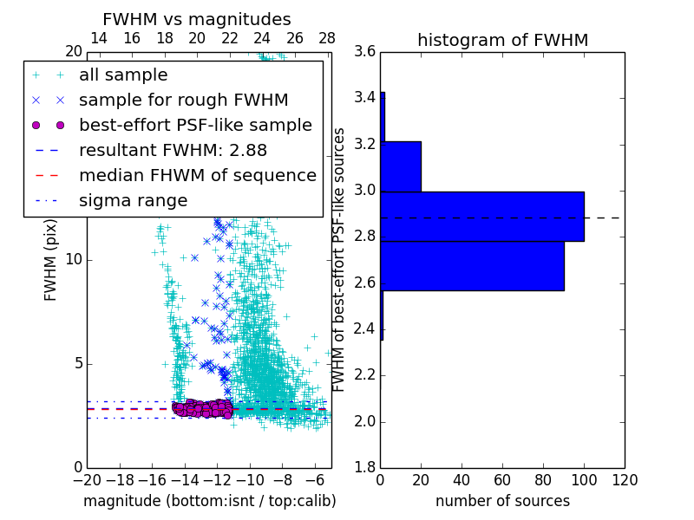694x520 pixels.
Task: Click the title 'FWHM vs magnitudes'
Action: [x=197, y=20]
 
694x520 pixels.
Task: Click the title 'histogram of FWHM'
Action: [x=502, y=40]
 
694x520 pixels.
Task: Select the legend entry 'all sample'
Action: [x=123, y=75]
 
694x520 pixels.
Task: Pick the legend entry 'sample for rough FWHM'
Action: [x=183, y=101]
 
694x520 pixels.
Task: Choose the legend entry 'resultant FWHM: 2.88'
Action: [x=160, y=151]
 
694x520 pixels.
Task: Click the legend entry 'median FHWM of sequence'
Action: [x=197, y=176]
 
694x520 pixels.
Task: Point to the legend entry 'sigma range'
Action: [x=133, y=201]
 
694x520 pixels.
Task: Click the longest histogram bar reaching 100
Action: [x=482, y=217]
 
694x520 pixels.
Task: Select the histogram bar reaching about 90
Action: [x=472, y=266]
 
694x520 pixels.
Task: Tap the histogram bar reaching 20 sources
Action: [x=401, y=166]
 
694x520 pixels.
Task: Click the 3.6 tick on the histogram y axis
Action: [x=364, y=52]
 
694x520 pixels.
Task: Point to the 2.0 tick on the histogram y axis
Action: [x=364, y=421]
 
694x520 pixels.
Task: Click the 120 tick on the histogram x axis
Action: [x=625, y=479]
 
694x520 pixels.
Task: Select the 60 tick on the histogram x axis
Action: [x=502, y=479]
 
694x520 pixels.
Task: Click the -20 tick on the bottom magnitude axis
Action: [x=87, y=479]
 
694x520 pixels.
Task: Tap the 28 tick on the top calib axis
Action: [x=327, y=39]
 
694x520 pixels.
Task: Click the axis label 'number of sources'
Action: [x=502, y=501]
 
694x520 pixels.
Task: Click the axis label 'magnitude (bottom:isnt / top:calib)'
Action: [x=209, y=501]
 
